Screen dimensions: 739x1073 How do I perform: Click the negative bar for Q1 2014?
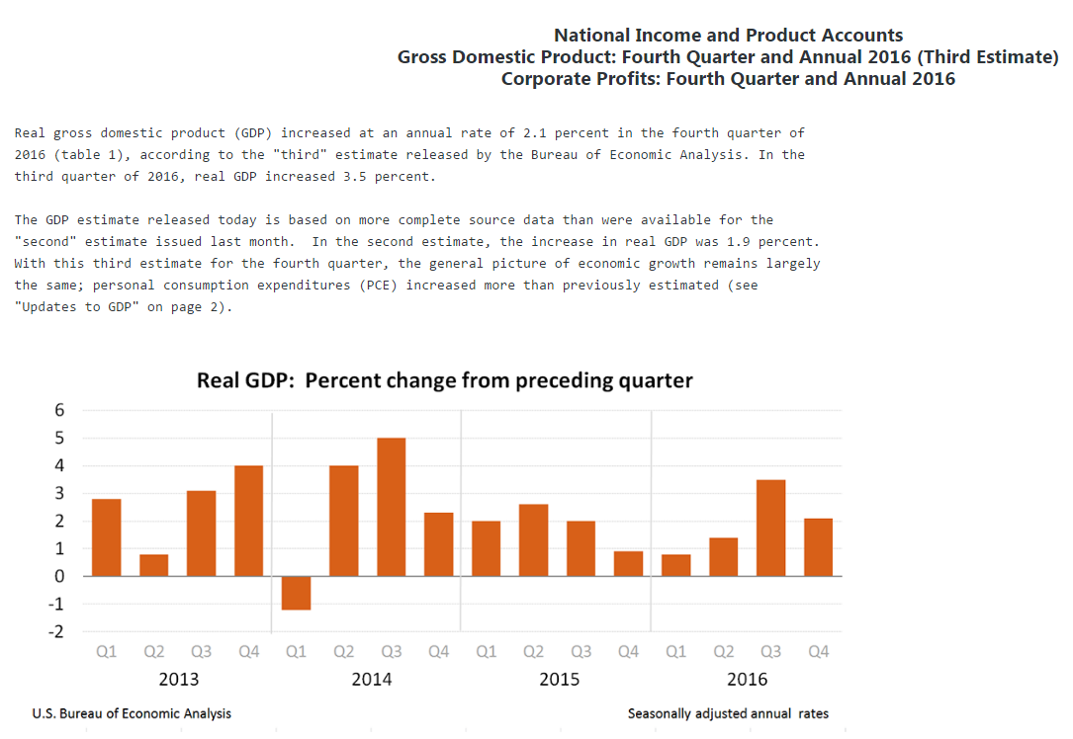pos(296,593)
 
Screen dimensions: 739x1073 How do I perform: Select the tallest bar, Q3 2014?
pos(391,507)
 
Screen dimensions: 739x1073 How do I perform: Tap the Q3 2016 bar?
pos(770,528)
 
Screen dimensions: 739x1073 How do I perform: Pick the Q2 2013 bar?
pos(153,565)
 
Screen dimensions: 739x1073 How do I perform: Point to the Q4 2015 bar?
pos(628,563)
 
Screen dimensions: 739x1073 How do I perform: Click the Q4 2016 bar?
pos(818,547)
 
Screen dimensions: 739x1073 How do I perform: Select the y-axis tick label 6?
pos(59,410)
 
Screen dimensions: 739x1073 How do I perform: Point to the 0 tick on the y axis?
pos(59,576)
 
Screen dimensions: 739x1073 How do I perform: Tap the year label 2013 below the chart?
pos(178,680)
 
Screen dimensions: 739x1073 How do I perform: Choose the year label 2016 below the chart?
pos(747,680)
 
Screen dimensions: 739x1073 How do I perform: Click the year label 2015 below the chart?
pos(559,680)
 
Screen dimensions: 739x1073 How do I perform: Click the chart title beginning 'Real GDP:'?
pos(445,380)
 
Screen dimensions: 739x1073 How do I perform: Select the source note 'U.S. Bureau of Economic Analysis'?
pos(132,713)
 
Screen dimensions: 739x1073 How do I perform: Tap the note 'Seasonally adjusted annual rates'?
pos(728,713)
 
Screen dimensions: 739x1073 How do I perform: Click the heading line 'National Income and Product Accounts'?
pos(728,36)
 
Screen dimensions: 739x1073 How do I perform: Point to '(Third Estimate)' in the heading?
pos(988,57)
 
